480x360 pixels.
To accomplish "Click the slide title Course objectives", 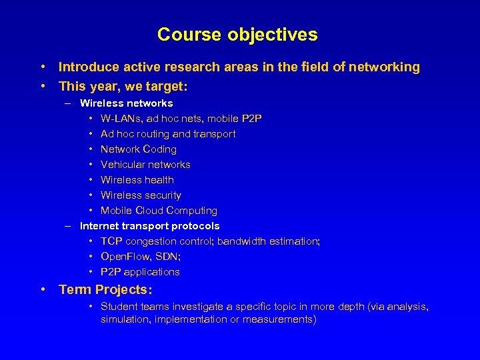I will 237,34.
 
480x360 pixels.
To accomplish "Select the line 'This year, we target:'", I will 114,86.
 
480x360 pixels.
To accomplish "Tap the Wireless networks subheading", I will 126,103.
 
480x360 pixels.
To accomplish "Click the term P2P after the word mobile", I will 252,119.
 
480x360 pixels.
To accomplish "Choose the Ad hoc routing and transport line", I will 167,134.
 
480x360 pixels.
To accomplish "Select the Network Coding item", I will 138,149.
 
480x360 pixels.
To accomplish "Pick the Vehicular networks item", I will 145,165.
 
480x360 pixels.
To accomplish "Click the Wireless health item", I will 137,180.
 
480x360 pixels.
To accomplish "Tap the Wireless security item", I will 141,195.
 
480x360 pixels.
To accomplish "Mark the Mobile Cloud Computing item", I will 159,211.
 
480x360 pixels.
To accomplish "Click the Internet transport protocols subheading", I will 149,226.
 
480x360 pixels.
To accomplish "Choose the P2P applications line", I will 140,272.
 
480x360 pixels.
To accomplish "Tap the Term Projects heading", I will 105,290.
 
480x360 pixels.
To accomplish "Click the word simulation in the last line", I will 125,319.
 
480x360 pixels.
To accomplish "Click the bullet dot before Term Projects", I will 43,290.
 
